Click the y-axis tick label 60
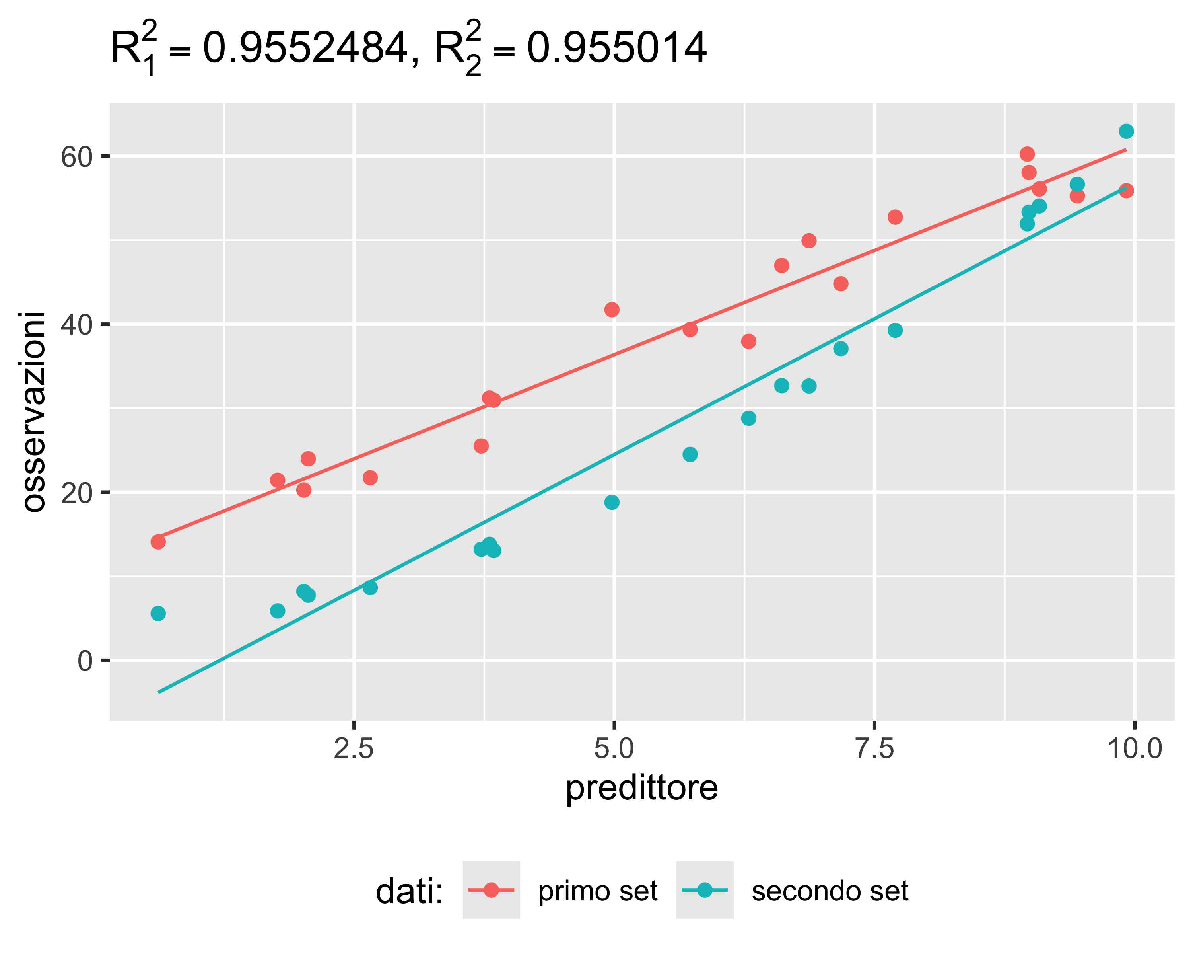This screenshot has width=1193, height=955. [76, 157]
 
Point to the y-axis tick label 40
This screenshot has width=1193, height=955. [76, 325]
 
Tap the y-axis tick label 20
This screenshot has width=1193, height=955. [76, 493]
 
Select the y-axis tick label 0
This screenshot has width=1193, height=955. [85, 661]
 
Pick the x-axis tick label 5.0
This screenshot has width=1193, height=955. [614, 748]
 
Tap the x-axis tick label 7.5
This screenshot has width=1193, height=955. [874, 748]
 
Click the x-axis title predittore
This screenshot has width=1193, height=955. [641, 788]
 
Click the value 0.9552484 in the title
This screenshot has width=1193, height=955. [305, 49]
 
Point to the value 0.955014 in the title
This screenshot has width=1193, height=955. [616, 49]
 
